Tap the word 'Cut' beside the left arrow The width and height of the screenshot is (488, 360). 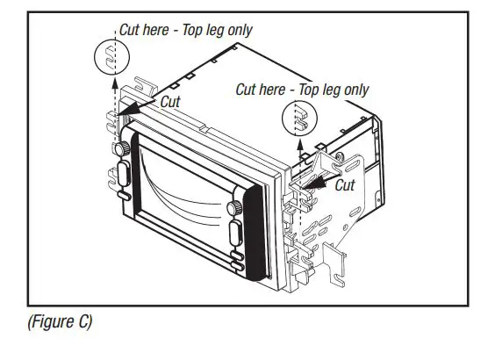click(x=170, y=101)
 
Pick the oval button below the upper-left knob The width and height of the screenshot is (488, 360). click(x=124, y=173)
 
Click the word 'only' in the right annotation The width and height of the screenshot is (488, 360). click(x=355, y=90)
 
